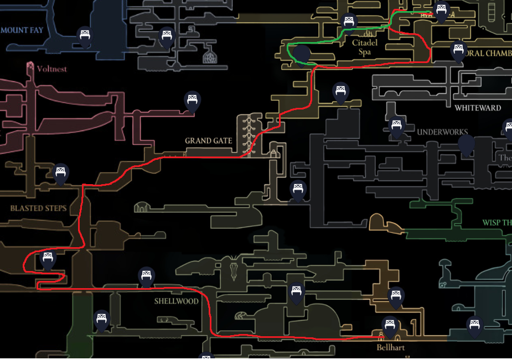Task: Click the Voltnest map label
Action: pyautogui.click(x=51, y=69)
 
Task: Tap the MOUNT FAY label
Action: pyautogui.click(x=22, y=29)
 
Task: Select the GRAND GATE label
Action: pyautogui.click(x=208, y=140)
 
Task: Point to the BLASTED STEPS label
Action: pyautogui.click(x=38, y=208)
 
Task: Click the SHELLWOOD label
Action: pyautogui.click(x=176, y=301)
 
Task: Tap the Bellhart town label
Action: pyautogui.click(x=390, y=348)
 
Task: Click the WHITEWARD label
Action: pyautogui.click(x=478, y=108)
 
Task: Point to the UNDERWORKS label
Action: pyautogui.click(x=442, y=132)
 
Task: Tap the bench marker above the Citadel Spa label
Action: pyautogui.click(x=348, y=23)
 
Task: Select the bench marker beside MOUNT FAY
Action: pyautogui.click(x=85, y=36)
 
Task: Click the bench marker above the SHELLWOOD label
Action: pyautogui.click(x=146, y=275)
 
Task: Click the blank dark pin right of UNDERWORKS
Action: pyautogui.click(x=466, y=145)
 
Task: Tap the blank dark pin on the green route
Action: pyautogui.click(x=302, y=54)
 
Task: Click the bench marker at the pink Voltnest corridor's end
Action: pyautogui.click(x=192, y=101)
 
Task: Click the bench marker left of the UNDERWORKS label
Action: pyautogui.click(x=396, y=127)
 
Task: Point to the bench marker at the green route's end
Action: pyautogui.click(x=441, y=11)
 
